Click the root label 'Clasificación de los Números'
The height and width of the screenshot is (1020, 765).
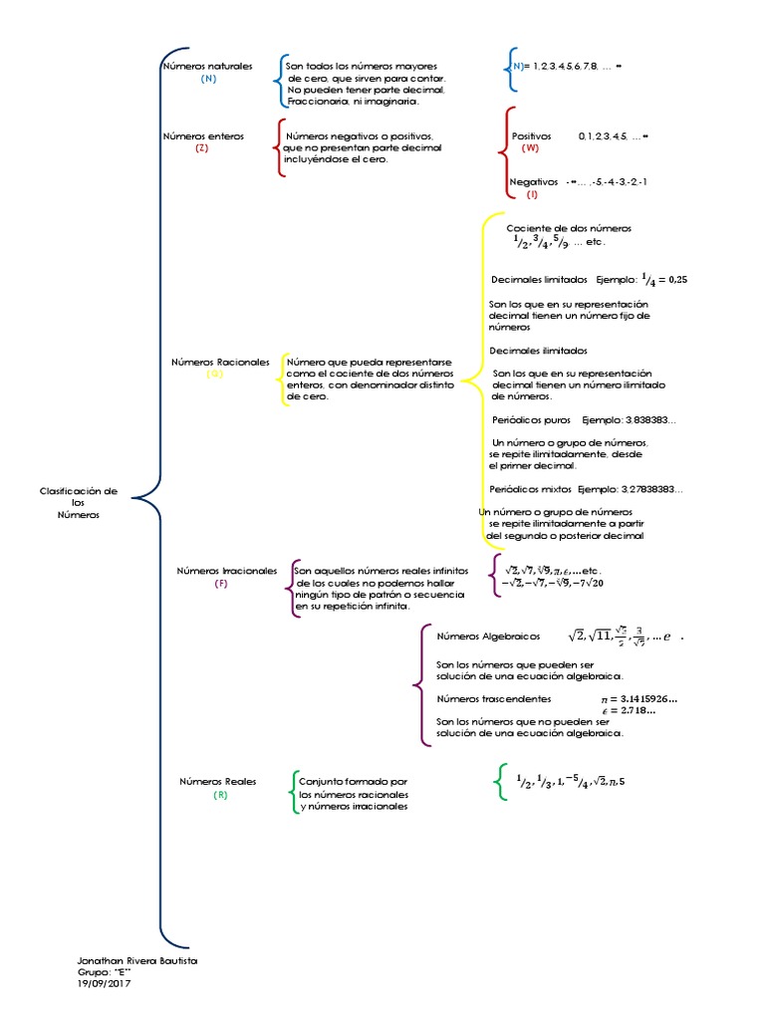(x=79, y=502)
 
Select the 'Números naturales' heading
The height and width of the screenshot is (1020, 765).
(x=207, y=66)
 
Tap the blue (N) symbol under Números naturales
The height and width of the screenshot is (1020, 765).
(x=208, y=79)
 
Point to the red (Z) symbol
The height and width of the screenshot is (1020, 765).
(x=202, y=147)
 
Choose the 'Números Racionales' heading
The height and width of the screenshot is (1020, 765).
(x=220, y=363)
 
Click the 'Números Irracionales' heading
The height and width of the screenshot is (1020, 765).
(x=227, y=571)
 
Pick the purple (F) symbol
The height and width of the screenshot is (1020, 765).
(x=221, y=584)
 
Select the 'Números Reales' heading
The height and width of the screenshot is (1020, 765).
(x=217, y=782)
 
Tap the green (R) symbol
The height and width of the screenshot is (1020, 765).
(x=220, y=795)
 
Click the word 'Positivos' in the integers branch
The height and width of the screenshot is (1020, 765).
(x=531, y=135)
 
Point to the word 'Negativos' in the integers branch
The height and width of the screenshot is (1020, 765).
(x=534, y=182)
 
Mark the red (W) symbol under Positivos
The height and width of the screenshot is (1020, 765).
(x=530, y=147)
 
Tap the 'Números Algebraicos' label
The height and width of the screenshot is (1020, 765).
(x=488, y=636)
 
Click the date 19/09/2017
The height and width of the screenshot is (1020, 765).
(x=104, y=983)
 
